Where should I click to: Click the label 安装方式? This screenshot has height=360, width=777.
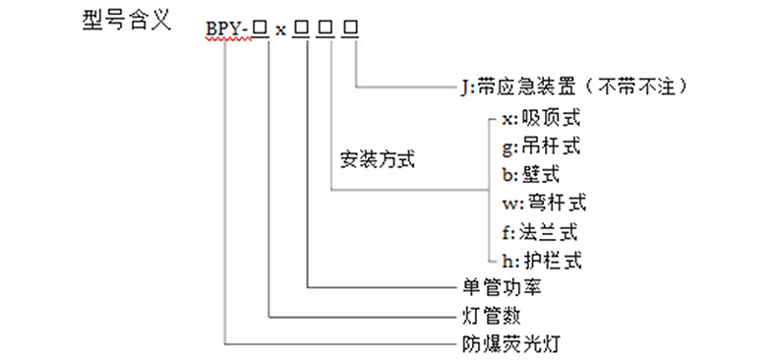(377, 159)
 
